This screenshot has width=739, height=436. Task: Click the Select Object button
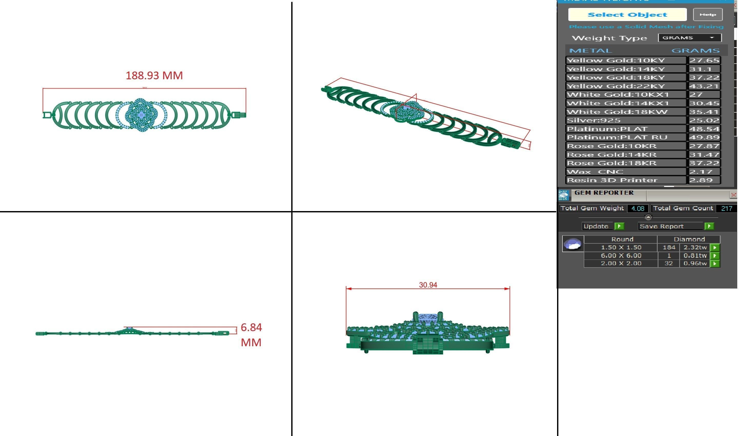(x=627, y=15)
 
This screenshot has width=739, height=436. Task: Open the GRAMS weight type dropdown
(x=689, y=38)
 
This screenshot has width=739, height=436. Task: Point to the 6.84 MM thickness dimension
(x=251, y=335)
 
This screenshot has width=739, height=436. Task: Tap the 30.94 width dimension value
(x=428, y=285)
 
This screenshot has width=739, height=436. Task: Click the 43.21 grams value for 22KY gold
(x=704, y=86)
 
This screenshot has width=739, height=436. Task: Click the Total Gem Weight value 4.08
(x=638, y=209)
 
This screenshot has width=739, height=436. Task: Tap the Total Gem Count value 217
(x=726, y=209)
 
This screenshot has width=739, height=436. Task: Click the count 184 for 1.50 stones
(x=669, y=247)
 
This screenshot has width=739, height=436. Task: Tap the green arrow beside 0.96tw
(x=715, y=264)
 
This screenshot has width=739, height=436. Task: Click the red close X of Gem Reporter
(x=733, y=195)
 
